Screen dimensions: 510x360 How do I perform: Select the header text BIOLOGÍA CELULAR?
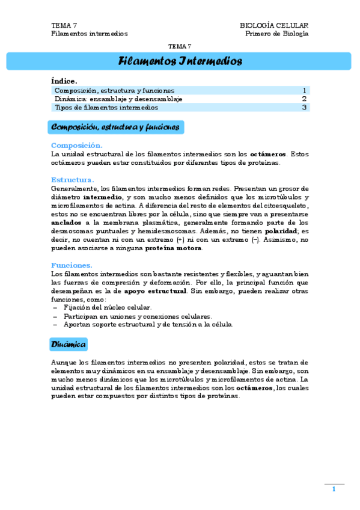(x=274, y=25)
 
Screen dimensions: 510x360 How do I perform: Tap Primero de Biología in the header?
(x=277, y=34)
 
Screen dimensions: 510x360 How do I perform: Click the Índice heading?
(x=64, y=81)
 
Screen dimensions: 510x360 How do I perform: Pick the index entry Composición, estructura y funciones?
(x=114, y=90)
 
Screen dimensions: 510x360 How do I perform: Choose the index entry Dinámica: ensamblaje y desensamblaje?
(x=118, y=99)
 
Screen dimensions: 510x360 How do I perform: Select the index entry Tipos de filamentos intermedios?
(x=106, y=108)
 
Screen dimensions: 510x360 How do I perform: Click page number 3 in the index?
(x=304, y=108)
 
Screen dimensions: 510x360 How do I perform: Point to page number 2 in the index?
(x=304, y=99)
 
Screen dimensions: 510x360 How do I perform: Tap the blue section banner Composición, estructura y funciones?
(x=115, y=127)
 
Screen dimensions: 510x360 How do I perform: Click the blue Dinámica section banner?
(x=69, y=344)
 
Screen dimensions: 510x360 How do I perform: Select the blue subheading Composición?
(x=77, y=145)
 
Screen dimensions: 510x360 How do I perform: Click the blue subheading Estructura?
(x=73, y=180)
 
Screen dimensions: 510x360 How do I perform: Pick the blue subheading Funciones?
(x=72, y=265)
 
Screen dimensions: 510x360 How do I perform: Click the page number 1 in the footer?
(x=334, y=489)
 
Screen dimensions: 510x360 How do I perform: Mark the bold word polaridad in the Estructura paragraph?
(x=280, y=231)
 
